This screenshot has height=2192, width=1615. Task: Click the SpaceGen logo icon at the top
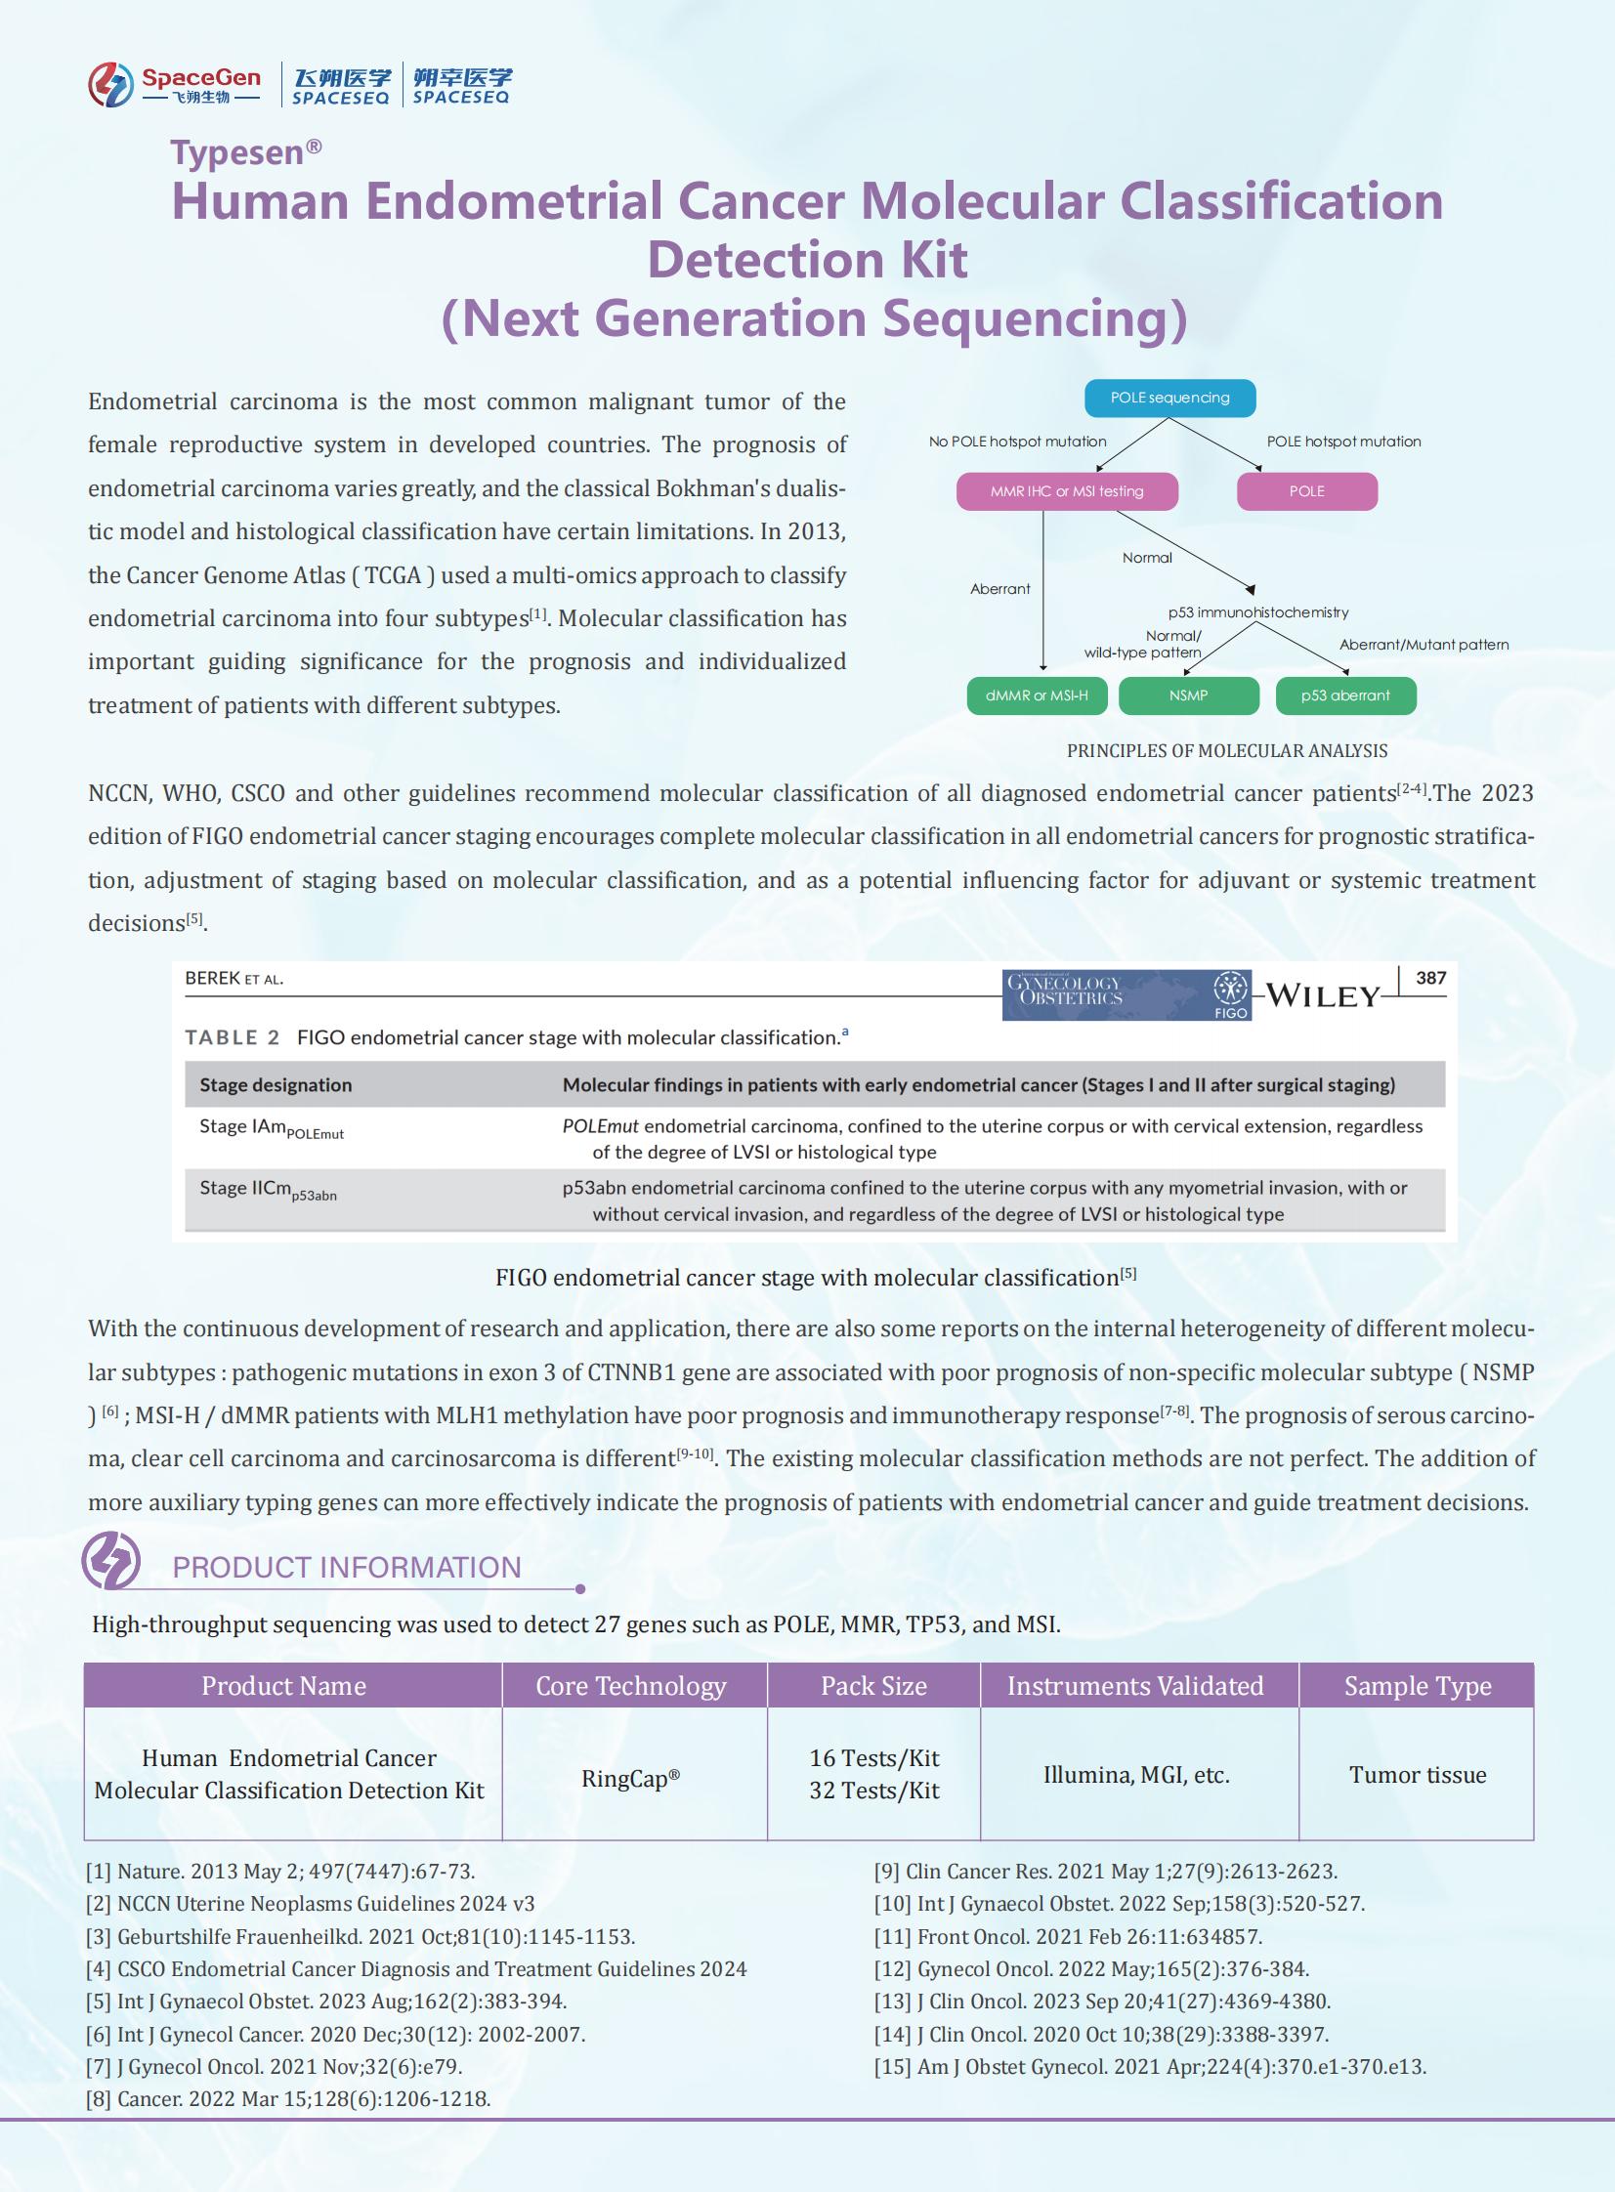[x=110, y=84]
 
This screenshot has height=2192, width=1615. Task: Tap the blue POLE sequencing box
[x=1169, y=398]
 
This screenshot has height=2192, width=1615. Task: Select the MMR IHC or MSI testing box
[x=1067, y=491]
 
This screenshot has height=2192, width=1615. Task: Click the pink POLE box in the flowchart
[x=1306, y=491]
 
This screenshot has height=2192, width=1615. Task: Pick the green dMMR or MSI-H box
[x=1037, y=696]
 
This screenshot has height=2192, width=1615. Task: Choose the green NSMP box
[x=1188, y=696]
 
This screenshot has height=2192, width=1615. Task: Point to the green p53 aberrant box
[x=1345, y=696]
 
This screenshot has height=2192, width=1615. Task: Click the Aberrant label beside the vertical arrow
[x=999, y=588]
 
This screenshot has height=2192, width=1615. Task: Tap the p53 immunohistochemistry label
[x=1257, y=612]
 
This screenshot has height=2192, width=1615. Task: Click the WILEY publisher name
[x=1323, y=996]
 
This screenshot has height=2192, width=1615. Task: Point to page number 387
[x=1430, y=978]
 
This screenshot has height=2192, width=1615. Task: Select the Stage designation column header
[x=276, y=1084]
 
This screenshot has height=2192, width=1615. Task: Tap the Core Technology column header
[x=630, y=1686]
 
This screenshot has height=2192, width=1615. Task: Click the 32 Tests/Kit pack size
[x=874, y=1791]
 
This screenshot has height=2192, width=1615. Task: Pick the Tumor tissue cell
[x=1418, y=1775]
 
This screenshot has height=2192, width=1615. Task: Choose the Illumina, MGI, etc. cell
[x=1136, y=1775]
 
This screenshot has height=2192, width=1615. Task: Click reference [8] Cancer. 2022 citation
[x=287, y=2099]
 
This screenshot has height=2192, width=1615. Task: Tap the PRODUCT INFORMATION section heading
[x=346, y=1568]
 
